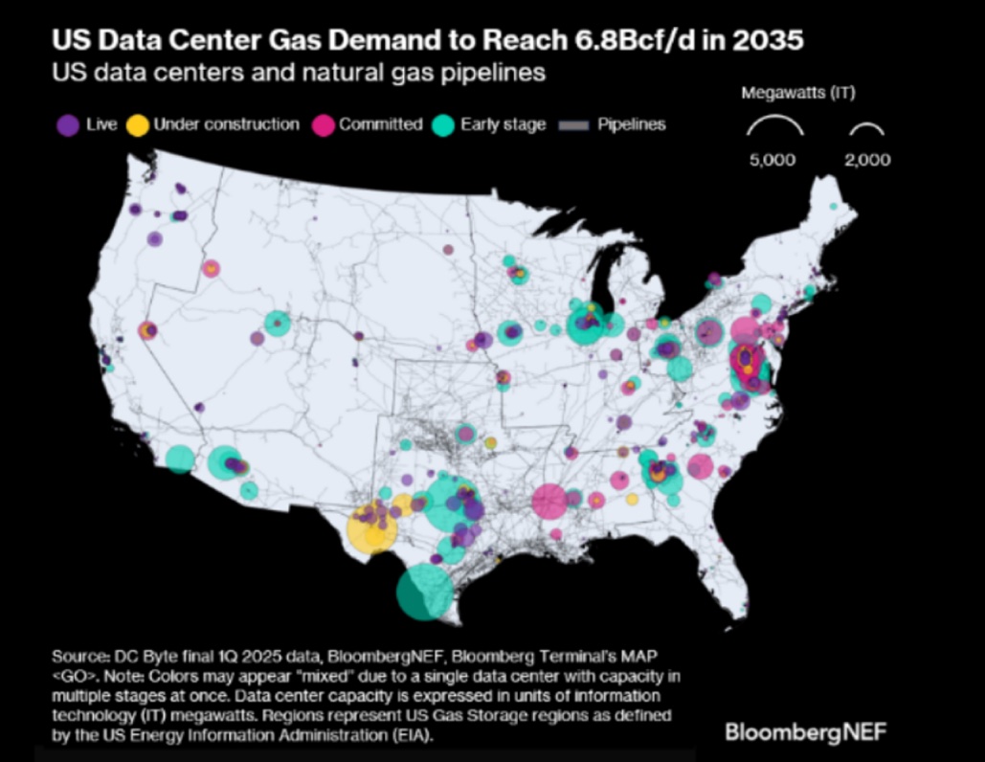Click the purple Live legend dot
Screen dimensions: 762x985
[67, 124]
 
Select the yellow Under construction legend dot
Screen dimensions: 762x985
[139, 124]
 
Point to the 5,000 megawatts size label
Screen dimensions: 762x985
[772, 160]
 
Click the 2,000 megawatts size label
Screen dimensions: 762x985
[867, 160]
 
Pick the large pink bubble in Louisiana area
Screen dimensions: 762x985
[550, 501]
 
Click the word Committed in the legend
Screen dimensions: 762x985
[381, 124]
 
